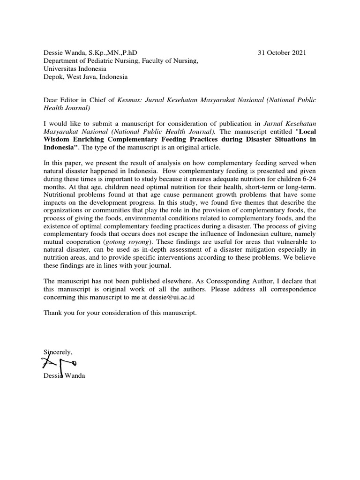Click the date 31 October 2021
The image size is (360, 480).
282,53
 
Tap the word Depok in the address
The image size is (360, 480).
52,77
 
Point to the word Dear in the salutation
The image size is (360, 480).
51,100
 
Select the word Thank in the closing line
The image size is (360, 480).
52,313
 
